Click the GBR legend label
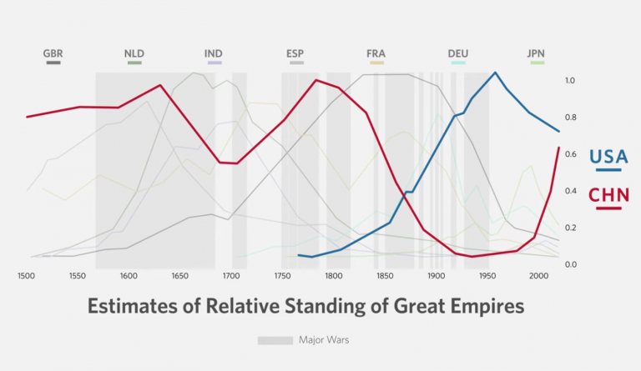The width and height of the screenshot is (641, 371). coord(53,54)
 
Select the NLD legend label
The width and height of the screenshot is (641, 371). coord(134,54)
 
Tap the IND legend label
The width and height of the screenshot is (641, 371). coord(214,54)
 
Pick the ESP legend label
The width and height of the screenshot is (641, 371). coord(295,54)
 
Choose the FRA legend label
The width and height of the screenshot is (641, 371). coord(376,54)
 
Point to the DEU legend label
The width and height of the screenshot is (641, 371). coord(457,54)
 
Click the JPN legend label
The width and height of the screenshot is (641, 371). coord(536,54)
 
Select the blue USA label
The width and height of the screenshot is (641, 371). coord(608,156)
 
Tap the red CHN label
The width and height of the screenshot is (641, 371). coord(608,195)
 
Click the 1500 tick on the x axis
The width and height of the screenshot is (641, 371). coord(27,275)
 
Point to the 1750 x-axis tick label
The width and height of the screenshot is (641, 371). coord(282,275)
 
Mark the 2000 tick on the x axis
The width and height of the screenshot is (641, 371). coord(538,275)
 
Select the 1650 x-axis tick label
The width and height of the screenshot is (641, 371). coord(180,275)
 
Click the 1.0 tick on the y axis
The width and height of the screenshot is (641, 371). coord(570,81)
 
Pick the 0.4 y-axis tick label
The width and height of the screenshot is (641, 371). coord(570,191)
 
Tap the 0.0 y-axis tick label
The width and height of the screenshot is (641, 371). coord(570,264)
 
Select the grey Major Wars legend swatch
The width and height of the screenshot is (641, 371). coord(275,340)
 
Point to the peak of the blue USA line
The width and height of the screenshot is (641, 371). coord(495,73)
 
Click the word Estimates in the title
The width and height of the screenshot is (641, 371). coord(130,306)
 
